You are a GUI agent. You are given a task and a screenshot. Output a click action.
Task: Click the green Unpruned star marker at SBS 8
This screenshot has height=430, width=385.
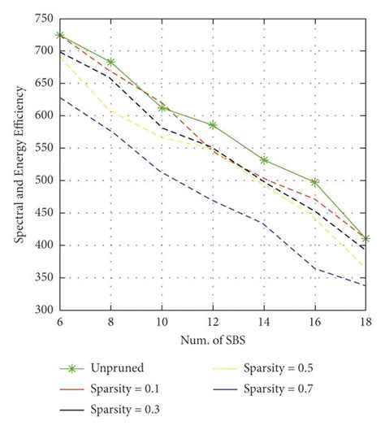point(110,62)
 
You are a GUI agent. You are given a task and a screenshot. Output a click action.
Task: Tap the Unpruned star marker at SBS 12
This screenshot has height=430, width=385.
point(212,125)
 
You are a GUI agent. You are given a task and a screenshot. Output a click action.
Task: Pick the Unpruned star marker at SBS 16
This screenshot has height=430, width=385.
point(314,182)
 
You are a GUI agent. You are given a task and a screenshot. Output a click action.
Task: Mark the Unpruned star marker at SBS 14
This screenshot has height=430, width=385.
point(263,160)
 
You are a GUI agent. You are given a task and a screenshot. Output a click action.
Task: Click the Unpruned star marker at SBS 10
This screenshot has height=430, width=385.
point(161,108)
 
